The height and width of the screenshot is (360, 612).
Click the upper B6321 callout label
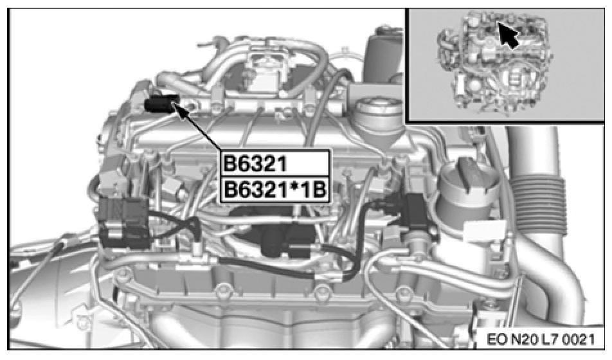click(255, 164)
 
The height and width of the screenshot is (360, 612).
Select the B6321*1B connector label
click(274, 191)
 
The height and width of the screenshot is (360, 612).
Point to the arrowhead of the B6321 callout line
click(177, 105)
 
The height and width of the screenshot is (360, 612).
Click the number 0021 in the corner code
click(581, 339)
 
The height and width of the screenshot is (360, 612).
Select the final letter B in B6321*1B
click(319, 191)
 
